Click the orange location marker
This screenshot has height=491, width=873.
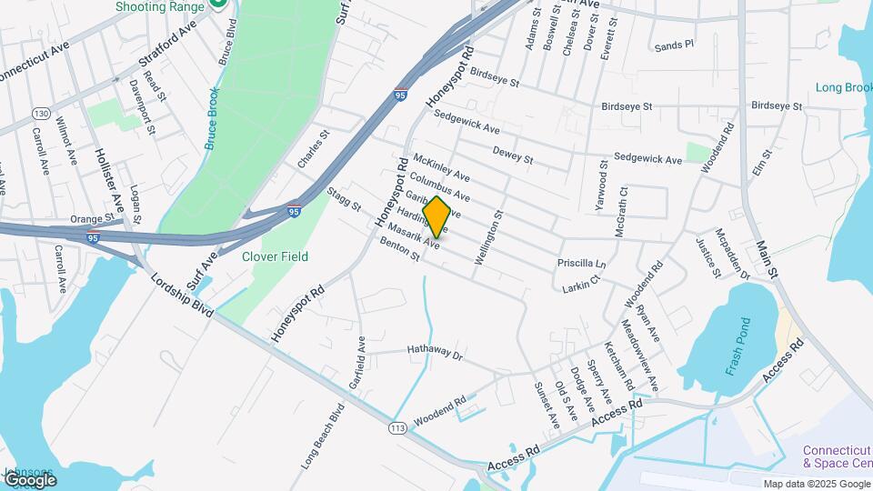tap(436, 217)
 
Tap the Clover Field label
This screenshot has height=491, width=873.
tap(275, 256)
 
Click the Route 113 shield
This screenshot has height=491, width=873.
tap(396, 426)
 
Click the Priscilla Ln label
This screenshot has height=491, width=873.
tap(581, 264)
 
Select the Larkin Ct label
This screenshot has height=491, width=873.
tap(582, 286)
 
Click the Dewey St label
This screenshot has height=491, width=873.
tap(512, 155)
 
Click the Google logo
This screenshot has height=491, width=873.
tap(29, 479)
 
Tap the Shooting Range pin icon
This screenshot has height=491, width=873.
tap(217, 5)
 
